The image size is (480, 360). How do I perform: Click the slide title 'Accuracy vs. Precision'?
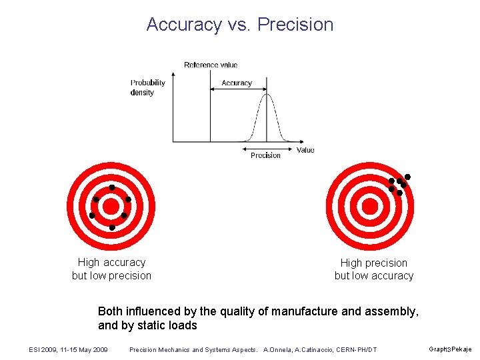pos(240,25)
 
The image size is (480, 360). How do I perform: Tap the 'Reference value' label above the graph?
pos(211,65)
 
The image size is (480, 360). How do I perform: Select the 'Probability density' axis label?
pos(147,87)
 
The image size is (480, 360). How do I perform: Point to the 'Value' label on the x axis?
pos(305,150)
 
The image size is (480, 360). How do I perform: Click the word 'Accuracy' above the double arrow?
pos(237,83)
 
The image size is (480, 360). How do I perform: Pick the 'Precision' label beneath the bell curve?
pos(265,155)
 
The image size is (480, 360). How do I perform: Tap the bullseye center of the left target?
pos(111,206)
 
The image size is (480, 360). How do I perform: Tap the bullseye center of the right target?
pos(371,206)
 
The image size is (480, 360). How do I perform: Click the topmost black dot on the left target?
pos(112,187)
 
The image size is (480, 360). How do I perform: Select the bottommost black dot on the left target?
pos(112,227)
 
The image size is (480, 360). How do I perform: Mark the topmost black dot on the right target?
pos(407,177)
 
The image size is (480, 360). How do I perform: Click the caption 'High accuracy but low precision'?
pos(111,269)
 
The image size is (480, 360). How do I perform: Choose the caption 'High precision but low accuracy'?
pos(374,269)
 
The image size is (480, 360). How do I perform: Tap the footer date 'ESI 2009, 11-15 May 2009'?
pos(69,349)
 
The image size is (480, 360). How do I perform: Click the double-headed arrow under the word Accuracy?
pos(239,91)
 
